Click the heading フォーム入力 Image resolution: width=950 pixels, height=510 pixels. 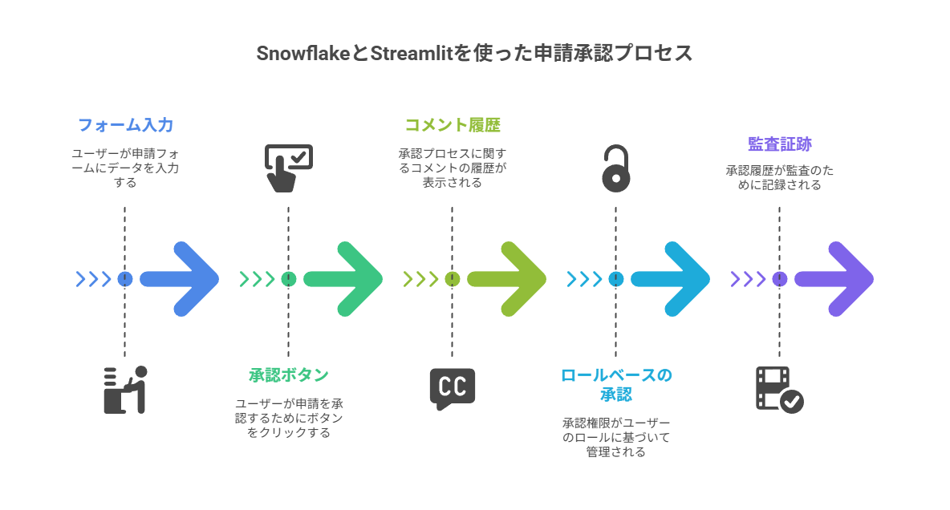click(125, 125)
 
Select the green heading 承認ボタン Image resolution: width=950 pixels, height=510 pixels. click(289, 375)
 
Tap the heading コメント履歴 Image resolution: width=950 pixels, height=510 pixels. click(453, 125)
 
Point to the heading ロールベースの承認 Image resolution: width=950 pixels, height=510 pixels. click(615, 384)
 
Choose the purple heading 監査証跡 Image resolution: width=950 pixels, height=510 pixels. click(779, 144)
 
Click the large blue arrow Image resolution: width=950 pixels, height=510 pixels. click(181, 279)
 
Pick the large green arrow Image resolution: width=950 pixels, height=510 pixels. click(344, 279)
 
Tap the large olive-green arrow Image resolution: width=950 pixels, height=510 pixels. click(508, 279)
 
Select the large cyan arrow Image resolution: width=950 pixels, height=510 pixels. click(672, 279)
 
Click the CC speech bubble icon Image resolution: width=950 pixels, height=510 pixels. click(453, 388)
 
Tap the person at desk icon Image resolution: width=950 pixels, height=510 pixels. click(125, 390)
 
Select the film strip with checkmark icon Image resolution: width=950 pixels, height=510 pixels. click(779, 389)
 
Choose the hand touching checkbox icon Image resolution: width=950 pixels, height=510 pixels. click(288, 168)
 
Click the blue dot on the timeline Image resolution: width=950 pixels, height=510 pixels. click(125, 279)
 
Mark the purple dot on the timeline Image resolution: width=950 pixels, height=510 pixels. click(779, 279)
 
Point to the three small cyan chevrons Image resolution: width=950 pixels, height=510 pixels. click(584, 279)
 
